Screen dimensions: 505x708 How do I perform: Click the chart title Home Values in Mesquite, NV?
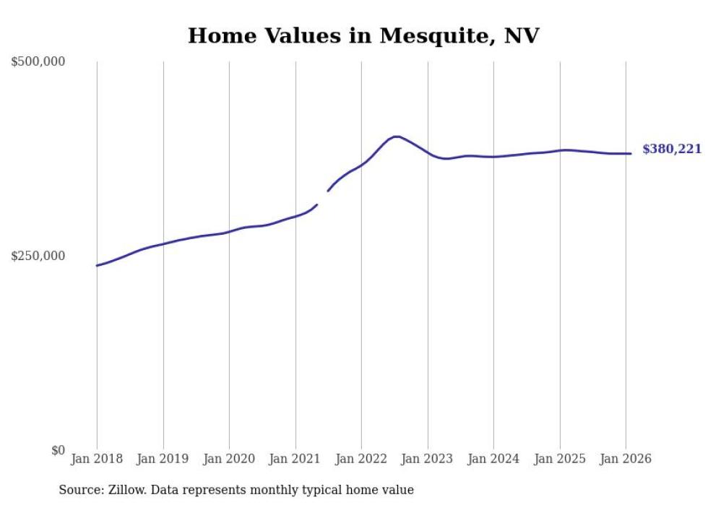point(363,35)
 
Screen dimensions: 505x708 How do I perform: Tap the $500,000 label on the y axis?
point(38,62)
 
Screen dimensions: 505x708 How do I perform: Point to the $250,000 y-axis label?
point(38,256)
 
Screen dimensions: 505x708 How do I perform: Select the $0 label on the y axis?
point(58,450)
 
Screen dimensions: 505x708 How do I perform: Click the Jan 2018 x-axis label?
point(97,459)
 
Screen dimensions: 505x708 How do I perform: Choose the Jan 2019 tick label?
point(163,459)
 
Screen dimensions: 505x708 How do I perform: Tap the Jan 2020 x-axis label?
point(229,459)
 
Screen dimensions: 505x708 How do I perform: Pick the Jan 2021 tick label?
point(295,459)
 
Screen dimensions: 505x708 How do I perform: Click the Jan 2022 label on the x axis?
point(361,459)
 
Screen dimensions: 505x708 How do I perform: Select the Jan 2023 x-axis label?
point(428,459)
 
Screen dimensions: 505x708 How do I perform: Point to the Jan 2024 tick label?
point(493,459)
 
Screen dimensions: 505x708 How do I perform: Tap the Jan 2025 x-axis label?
point(560,459)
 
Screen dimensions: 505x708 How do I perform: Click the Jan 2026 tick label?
point(626,459)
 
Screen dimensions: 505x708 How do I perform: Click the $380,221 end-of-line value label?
point(672,150)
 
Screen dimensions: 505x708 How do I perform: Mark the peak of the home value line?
point(396,137)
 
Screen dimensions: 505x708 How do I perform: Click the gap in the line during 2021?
point(323,198)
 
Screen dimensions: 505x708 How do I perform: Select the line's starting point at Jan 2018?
point(97,266)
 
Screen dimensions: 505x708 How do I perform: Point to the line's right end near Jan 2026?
point(631,153)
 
